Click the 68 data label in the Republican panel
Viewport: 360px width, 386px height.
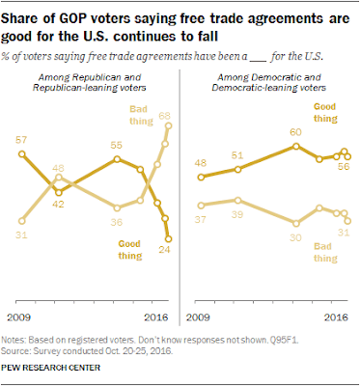(x=164, y=116)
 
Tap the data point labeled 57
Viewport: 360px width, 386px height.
(x=21, y=154)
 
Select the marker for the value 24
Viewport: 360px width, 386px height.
(x=168, y=239)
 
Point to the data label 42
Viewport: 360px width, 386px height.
(x=58, y=205)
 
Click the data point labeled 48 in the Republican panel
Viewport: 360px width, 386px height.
(x=59, y=177)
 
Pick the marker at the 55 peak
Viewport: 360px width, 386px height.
(x=117, y=159)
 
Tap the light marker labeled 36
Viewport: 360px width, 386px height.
(x=117, y=207)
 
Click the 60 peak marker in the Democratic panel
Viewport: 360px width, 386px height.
(x=296, y=147)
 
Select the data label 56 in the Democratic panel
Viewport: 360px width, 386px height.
(x=343, y=167)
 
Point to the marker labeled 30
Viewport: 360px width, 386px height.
(x=296, y=223)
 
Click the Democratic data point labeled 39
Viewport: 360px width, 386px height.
(x=237, y=201)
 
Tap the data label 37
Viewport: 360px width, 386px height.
(x=201, y=220)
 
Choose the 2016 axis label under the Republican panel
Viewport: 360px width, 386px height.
(x=156, y=317)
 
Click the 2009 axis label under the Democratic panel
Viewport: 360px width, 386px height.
(x=198, y=317)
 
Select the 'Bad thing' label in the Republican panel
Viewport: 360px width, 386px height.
(x=141, y=115)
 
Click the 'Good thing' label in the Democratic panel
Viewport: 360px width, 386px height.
(x=325, y=113)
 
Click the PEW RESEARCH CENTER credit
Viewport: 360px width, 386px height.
(x=50, y=368)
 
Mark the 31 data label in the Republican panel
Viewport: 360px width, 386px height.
(x=21, y=235)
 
